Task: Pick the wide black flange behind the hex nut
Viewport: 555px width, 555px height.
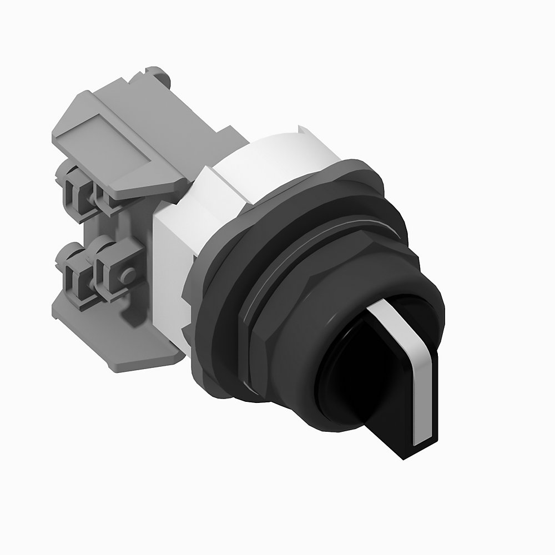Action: (x=222, y=311)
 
